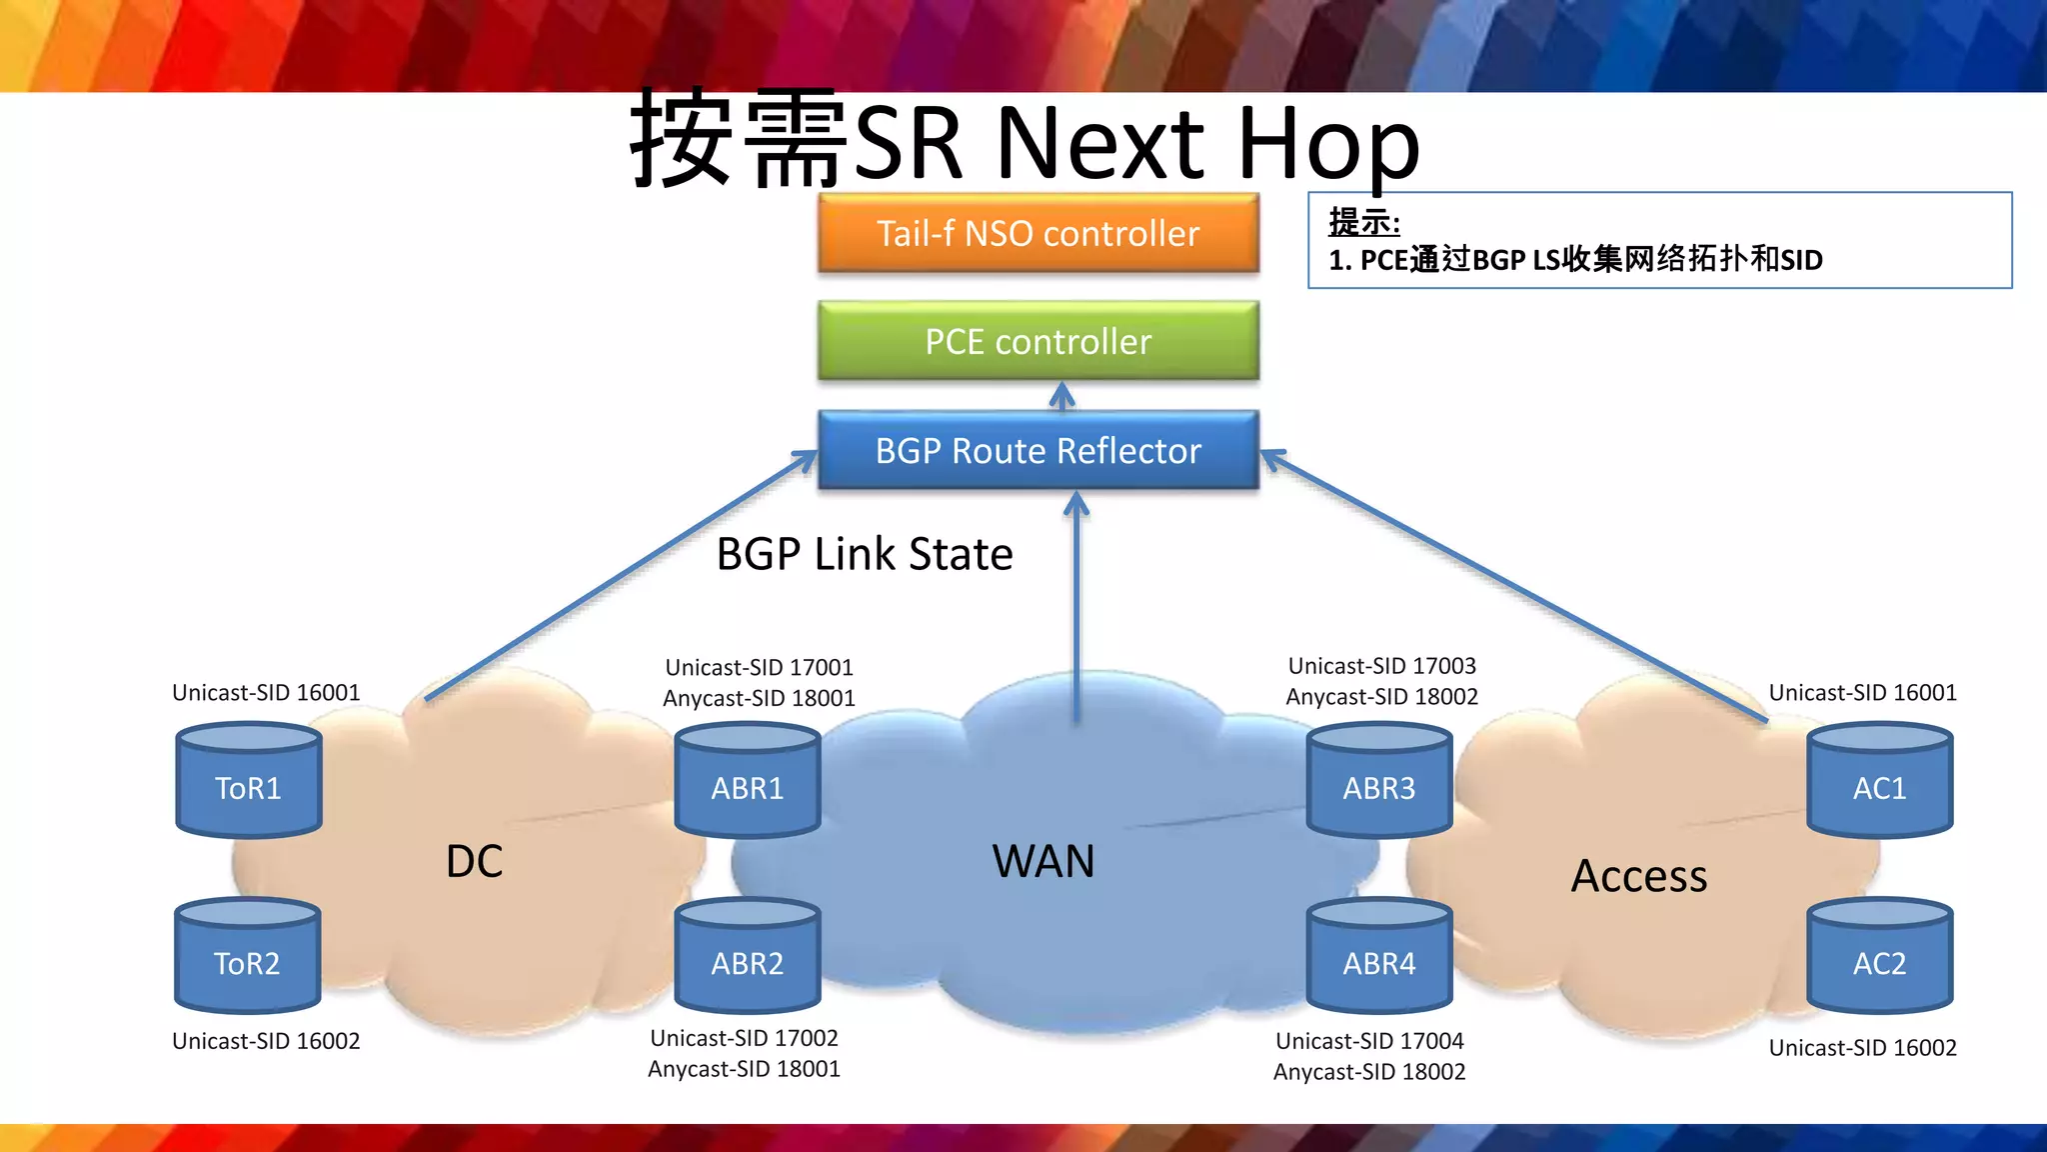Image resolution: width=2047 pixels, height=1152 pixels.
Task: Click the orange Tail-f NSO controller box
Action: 1037,233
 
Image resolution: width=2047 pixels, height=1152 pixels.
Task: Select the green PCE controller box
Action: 1037,341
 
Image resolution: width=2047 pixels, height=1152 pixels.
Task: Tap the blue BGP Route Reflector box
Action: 1037,450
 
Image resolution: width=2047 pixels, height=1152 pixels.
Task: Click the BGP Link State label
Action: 865,554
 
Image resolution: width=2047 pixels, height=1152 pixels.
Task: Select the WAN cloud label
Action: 1042,861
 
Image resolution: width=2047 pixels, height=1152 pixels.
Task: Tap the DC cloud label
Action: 474,861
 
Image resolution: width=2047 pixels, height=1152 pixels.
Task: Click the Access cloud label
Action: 1639,876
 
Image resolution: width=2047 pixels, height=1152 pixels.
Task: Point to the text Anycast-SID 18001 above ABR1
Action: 759,698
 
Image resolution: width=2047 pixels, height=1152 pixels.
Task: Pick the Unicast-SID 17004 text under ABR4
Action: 1369,1041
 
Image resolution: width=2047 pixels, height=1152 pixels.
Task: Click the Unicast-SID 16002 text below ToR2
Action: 266,1041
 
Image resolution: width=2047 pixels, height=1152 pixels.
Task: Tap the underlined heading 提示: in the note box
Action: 1363,221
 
